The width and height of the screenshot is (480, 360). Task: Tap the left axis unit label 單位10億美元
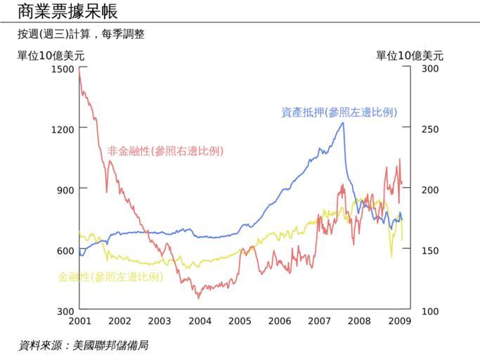[51, 56]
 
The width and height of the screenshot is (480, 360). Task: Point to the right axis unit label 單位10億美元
[410, 56]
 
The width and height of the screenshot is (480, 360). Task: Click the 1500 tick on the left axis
[63, 69]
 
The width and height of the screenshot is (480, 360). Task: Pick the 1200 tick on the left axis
[63, 129]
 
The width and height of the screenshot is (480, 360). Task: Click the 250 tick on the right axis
[430, 129]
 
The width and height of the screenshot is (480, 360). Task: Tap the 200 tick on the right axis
[430, 190]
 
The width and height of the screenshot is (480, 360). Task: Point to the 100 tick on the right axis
[430, 311]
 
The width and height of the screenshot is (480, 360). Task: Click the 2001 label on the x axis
[79, 321]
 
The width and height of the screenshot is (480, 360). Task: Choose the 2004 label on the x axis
[200, 321]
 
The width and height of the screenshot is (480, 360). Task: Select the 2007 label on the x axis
[319, 321]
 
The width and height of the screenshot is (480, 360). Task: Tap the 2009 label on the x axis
[399, 321]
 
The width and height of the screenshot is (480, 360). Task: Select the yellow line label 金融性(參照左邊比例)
[110, 276]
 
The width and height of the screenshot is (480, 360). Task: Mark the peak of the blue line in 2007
[343, 123]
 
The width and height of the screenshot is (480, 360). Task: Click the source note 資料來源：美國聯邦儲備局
[83, 345]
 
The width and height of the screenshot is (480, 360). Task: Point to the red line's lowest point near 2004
[198, 297]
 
